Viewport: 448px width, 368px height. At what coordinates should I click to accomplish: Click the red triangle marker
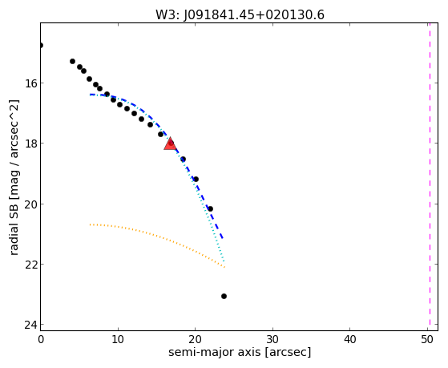(170, 144)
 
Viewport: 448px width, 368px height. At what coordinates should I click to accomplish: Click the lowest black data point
(224, 296)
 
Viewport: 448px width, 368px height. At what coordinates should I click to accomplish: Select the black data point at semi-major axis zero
(41, 45)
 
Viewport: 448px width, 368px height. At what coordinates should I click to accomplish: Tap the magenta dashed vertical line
(430, 176)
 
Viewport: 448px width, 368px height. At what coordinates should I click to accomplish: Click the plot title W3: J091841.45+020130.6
(240, 14)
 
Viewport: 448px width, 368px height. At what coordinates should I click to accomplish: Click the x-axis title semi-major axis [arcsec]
(240, 352)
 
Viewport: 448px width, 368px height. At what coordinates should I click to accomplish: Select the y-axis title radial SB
(14, 177)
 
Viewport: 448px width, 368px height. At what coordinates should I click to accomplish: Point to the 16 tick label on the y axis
(30, 83)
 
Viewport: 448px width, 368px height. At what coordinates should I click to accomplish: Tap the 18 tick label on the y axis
(30, 144)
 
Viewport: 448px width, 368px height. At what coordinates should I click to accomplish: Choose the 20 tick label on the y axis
(30, 204)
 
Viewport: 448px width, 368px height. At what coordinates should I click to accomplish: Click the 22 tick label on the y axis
(30, 265)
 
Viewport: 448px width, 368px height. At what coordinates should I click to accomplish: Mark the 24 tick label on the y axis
(30, 325)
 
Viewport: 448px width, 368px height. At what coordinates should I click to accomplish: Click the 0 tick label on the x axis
(41, 339)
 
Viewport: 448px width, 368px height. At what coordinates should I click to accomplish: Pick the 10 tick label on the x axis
(118, 339)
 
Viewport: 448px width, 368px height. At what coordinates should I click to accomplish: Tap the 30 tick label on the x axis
(272, 339)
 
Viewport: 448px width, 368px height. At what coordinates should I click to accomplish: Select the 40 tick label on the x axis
(350, 339)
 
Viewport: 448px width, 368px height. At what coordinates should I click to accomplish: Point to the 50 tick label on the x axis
(427, 339)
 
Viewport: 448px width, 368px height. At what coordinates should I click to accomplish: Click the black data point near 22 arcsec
(210, 208)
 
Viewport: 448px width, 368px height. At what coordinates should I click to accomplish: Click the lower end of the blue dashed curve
(223, 238)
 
